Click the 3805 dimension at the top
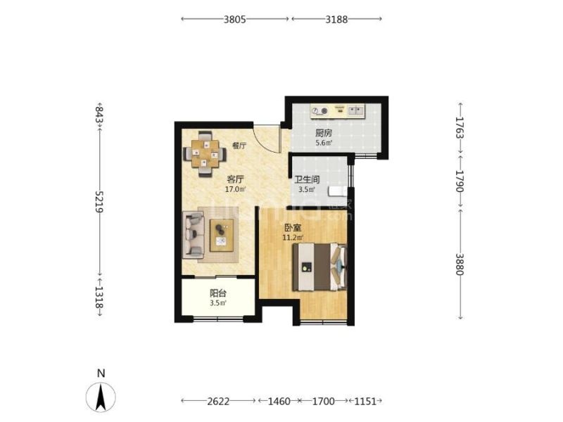(235, 19)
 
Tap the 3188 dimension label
(336, 19)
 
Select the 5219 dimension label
(99, 201)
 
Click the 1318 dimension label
(99, 298)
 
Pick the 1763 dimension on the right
(460, 127)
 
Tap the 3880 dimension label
(460, 264)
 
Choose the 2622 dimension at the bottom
(218, 401)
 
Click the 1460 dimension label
(279, 401)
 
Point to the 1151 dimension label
(365, 401)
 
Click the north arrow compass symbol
(101, 397)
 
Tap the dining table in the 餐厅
(205, 154)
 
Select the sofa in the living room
(193, 235)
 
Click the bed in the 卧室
(320, 267)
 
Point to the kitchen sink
(356, 110)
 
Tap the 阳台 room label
(218, 293)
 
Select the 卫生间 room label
(307, 179)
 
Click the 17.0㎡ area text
(235, 189)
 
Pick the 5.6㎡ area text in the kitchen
(324, 143)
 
